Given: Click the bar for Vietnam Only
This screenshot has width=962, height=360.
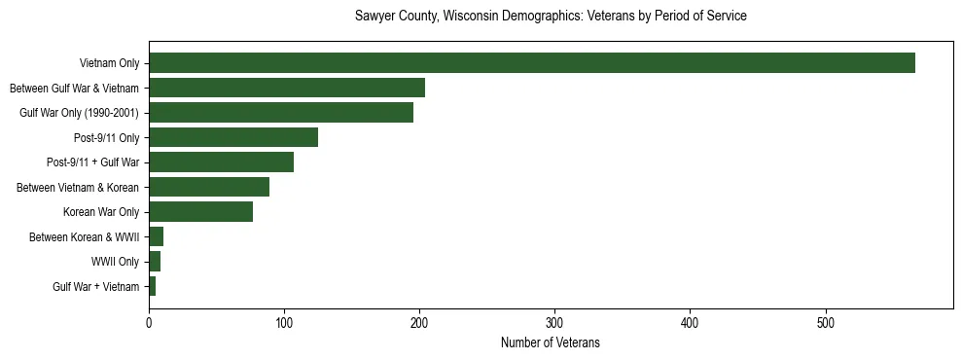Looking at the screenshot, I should point(531,63).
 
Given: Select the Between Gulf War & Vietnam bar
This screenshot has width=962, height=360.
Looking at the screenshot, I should point(287,89).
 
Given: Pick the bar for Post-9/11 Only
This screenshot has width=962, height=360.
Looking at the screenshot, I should point(233,137).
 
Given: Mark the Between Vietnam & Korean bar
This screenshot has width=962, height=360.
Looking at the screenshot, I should point(209,187).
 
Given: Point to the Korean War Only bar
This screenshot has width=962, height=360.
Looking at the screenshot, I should point(200,211).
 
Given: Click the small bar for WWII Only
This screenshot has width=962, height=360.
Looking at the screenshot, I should point(155,261).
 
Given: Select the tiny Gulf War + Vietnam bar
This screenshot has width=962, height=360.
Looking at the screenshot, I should point(153,286).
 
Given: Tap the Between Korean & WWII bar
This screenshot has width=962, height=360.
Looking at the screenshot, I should point(156,236).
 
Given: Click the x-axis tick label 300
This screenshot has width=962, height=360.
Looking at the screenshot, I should point(554,322).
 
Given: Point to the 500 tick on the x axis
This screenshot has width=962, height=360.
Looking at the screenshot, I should point(825,322).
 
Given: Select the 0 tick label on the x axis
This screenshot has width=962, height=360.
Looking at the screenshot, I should point(149,322).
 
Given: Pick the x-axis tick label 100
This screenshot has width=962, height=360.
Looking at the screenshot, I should point(284,322).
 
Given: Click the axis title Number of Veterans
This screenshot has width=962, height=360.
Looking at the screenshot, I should point(550,343).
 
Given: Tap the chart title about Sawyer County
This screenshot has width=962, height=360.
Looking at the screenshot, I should point(550,17).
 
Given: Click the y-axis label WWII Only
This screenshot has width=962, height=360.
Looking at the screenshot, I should point(115,262).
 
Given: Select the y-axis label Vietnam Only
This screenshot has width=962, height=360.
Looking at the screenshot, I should point(110,64).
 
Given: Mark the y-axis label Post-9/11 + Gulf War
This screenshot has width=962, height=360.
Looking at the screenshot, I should point(92,162).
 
